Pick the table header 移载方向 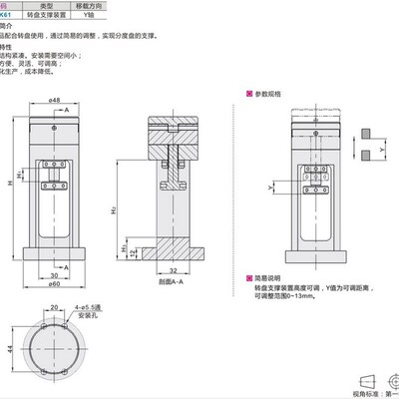click(x=129, y=5)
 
